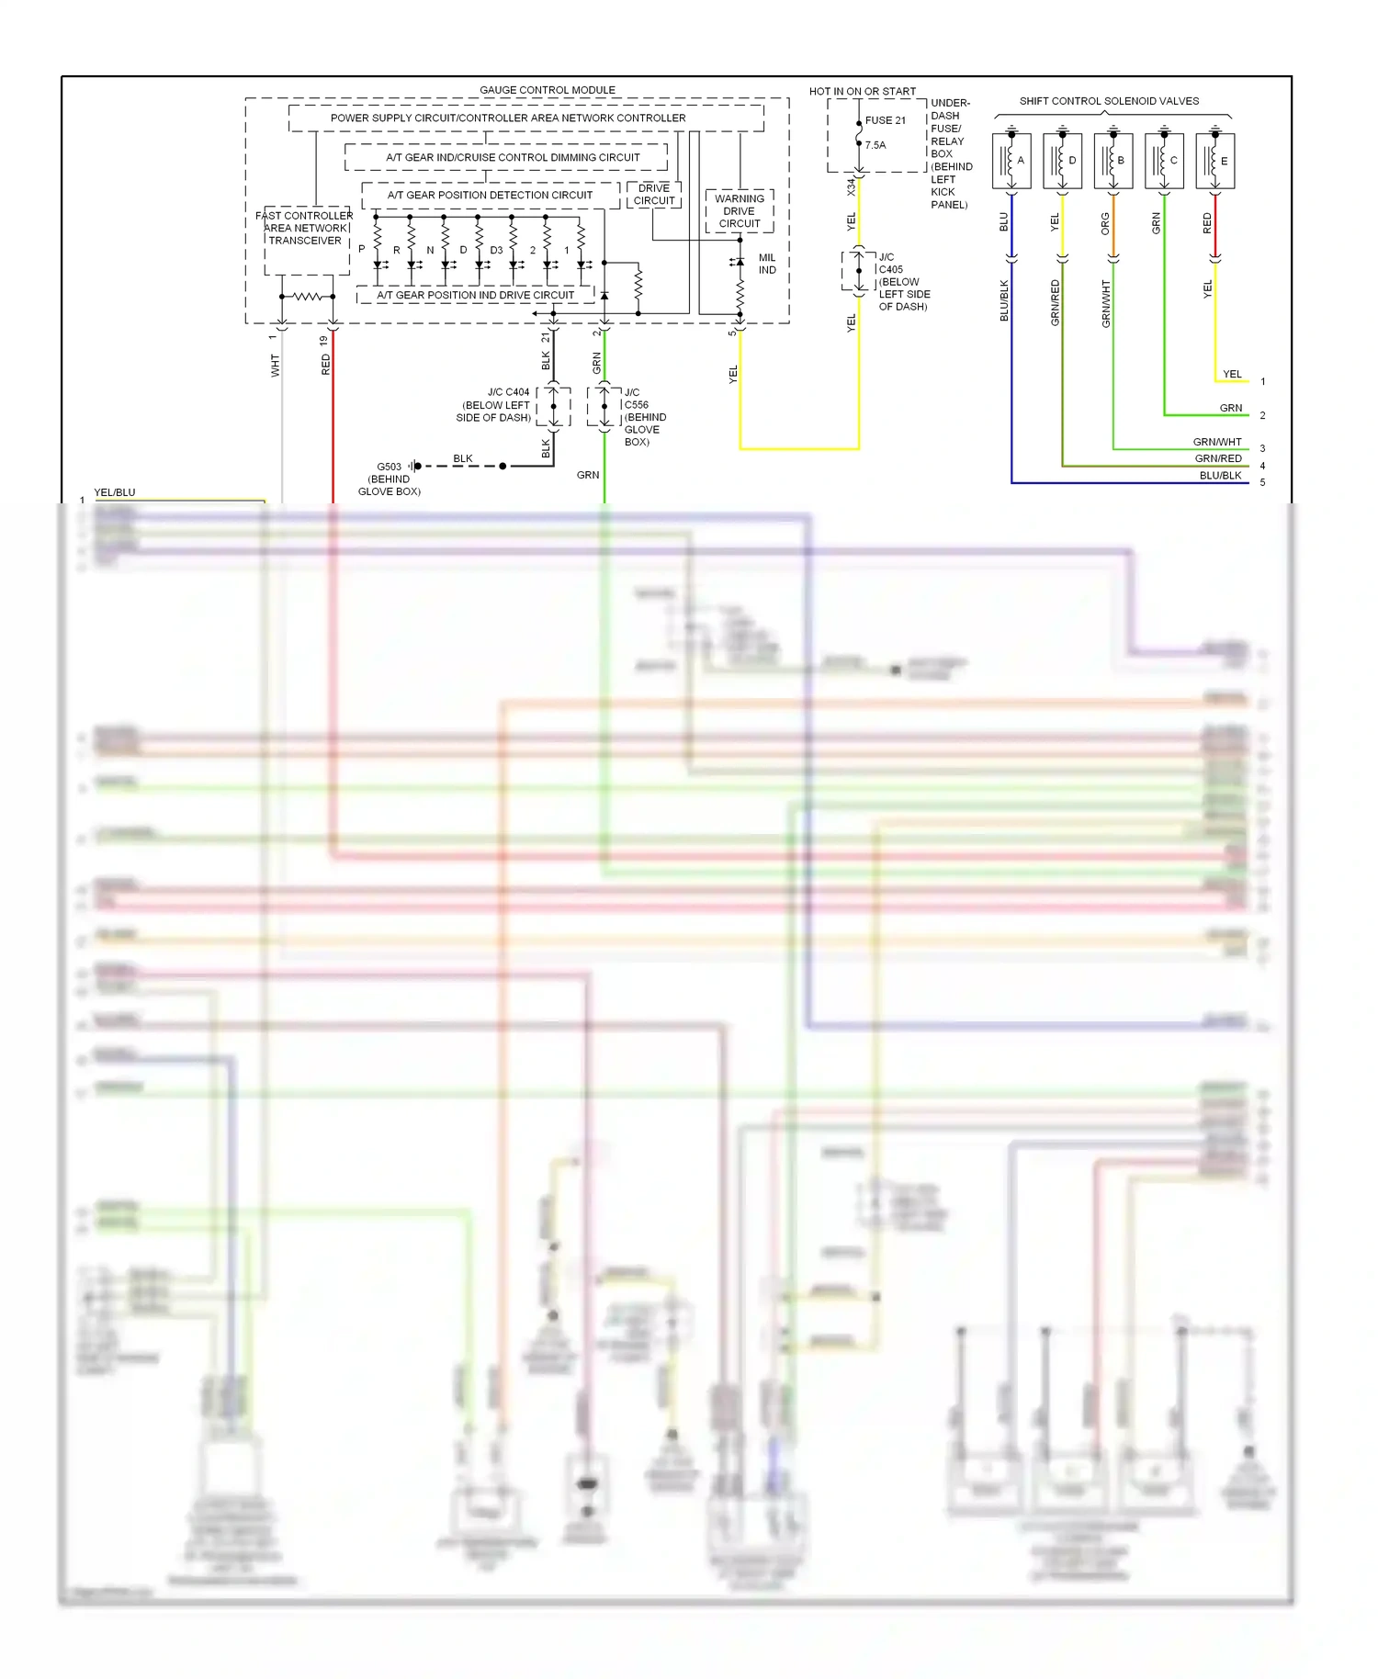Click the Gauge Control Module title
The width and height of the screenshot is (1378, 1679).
547,90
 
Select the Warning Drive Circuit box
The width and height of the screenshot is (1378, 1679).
739,211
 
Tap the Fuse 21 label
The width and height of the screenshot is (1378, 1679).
885,120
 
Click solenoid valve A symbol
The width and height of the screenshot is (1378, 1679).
1011,161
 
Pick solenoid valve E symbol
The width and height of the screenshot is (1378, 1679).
1214,161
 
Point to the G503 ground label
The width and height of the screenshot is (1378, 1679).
389,467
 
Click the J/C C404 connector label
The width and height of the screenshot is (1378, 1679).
508,392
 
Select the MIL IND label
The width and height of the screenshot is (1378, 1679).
766,264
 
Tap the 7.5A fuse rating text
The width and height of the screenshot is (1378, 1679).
875,145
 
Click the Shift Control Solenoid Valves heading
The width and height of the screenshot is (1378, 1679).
1108,101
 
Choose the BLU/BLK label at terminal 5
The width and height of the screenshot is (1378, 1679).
1219,476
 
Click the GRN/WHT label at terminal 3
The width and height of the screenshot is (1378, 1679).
1216,442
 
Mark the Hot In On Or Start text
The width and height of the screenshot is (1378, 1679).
862,91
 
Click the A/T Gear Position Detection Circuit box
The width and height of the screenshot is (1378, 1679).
490,195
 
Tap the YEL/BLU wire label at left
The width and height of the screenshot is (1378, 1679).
115,492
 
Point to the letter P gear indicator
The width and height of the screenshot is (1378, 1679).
362,249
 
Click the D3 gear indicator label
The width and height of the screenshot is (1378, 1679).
496,250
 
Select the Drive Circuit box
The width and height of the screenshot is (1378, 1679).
653,195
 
